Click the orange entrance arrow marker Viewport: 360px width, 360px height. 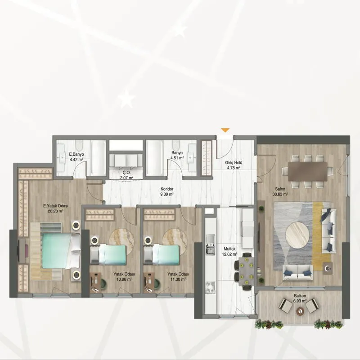coord(225,130)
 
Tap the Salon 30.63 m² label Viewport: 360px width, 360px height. coord(280,192)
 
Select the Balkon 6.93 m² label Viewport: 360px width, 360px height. coord(300,298)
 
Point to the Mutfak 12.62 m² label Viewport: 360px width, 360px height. coord(229,252)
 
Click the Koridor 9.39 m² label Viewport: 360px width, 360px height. coord(167,192)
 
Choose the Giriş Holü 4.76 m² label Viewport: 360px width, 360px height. coord(234,165)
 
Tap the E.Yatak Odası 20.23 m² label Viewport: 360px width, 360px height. coord(55,208)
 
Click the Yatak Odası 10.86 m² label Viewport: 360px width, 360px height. coord(124,277)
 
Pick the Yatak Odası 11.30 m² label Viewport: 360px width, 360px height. coord(178,277)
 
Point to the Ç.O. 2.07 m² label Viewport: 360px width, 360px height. coord(127,175)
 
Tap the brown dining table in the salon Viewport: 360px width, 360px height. coord(308,171)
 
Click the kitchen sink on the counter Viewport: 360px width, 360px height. coord(211,244)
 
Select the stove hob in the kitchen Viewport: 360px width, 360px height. coord(211,288)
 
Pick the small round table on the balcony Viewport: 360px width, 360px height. coord(300,311)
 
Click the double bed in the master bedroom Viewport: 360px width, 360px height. coord(60,251)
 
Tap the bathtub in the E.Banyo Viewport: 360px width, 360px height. coord(98,158)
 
